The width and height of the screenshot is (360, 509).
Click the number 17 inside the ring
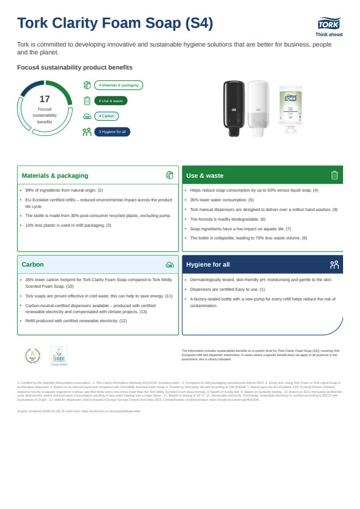pyautogui.click(x=44, y=99)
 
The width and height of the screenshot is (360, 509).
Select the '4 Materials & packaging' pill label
pyautogui.click(x=119, y=86)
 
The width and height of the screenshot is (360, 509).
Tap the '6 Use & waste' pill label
pyautogui.click(x=111, y=101)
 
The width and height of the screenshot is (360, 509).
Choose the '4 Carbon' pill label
pyautogui.click(x=106, y=116)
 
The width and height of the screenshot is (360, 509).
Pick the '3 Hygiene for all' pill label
pyautogui.click(x=112, y=131)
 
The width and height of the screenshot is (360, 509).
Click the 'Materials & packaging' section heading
pyautogui.click(x=55, y=176)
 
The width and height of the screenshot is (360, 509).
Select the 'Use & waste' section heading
pyautogui.click(x=205, y=176)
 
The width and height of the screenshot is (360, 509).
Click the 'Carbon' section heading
pyautogui.click(x=33, y=265)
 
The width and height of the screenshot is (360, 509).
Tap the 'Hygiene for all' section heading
pyautogui.click(x=208, y=265)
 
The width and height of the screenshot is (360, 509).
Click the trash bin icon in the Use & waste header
pyautogui.click(x=334, y=175)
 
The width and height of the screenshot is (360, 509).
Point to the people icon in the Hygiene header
pyautogui.click(x=334, y=265)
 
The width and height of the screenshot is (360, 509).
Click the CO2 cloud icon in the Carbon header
pyautogui.click(x=169, y=265)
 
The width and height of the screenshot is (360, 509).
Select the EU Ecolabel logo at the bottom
pyautogui.click(x=59, y=356)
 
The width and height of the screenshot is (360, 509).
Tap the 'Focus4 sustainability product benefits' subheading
pyautogui.click(x=75, y=67)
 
